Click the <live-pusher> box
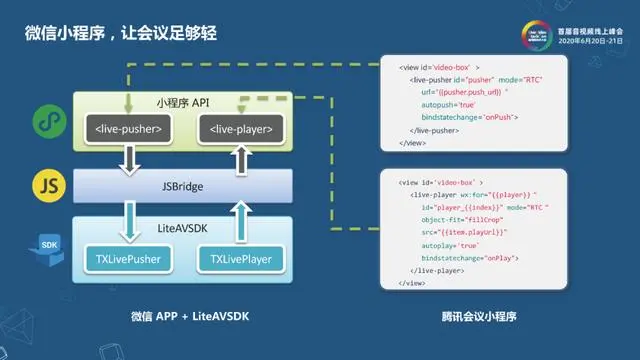[x=127, y=129]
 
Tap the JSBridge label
[x=181, y=186]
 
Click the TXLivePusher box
[x=127, y=260]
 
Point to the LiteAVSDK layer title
[x=181, y=229]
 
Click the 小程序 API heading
[x=181, y=103]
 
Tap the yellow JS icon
[x=46, y=186]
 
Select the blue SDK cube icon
[x=46, y=249]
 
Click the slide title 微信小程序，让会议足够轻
[x=121, y=33]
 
